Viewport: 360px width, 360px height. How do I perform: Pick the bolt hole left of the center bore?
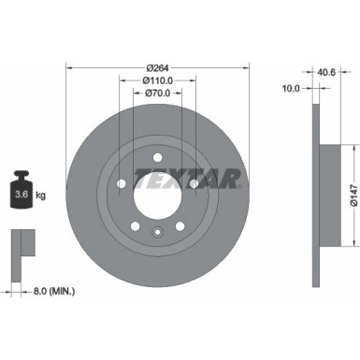(122, 183)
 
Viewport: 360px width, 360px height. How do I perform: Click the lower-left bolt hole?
(137, 225)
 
